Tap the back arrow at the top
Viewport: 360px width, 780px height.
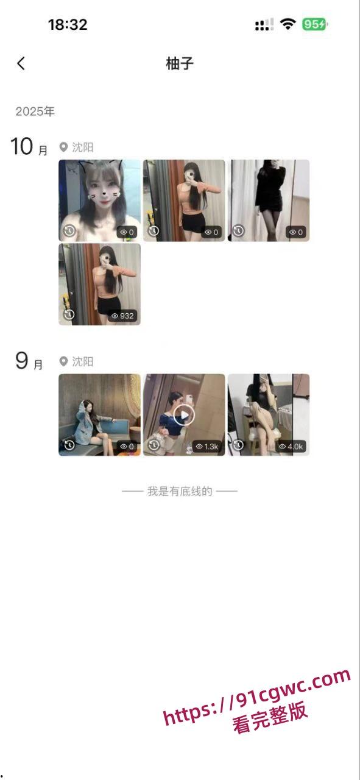pos(21,63)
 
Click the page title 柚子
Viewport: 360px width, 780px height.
pos(180,64)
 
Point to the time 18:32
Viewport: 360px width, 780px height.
pos(68,25)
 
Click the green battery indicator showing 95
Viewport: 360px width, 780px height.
pos(315,24)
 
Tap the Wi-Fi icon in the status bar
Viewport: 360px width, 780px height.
pos(288,24)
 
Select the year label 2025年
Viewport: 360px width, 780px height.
pos(35,112)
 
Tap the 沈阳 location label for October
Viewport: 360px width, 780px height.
pos(76,147)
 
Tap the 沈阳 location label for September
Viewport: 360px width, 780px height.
pos(76,361)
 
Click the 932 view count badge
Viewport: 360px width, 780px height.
pos(122,316)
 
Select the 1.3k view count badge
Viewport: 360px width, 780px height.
pos(207,447)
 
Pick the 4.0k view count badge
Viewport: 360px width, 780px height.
pos(292,447)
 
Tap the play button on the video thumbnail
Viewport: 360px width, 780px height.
pos(184,415)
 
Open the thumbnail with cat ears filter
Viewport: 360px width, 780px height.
pos(99,200)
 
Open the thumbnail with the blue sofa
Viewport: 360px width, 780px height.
pos(99,415)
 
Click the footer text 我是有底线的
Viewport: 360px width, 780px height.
pos(180,491)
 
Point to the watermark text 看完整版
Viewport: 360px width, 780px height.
pos(270,717)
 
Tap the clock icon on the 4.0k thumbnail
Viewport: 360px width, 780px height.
pos(239,445)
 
